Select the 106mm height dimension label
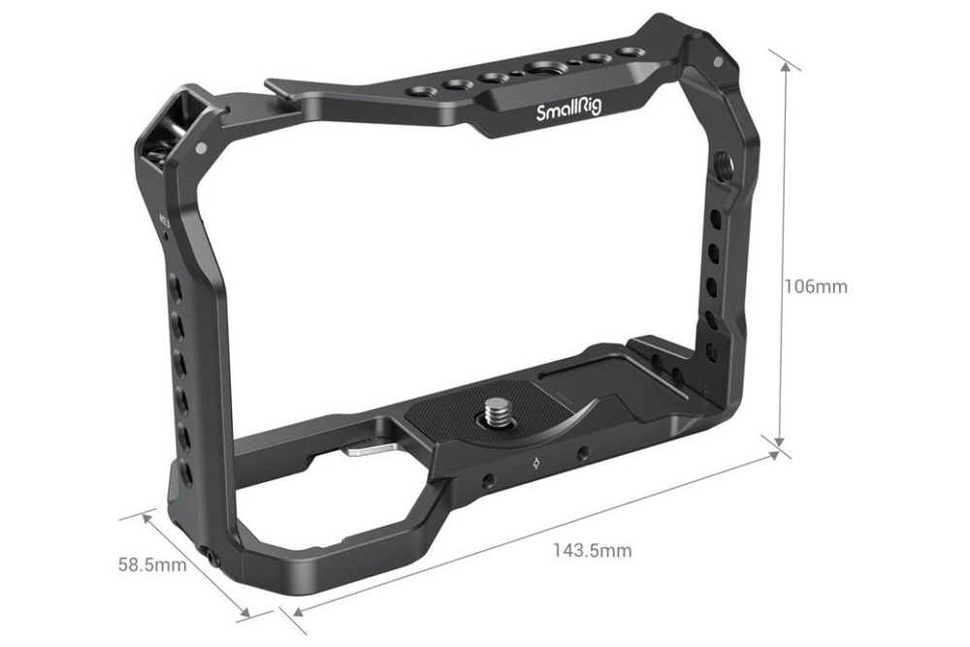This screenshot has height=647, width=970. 816,287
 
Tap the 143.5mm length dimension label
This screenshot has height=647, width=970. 592,551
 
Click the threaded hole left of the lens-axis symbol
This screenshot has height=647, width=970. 485,478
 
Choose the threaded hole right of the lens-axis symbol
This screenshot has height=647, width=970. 582,453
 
